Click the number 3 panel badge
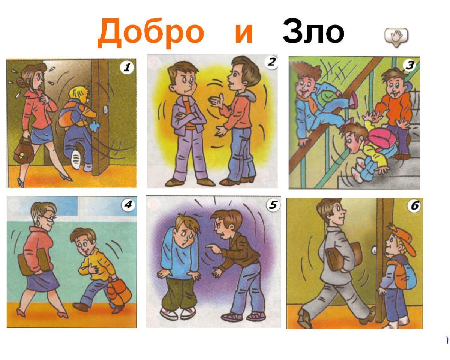pyautogui.click(x=409, y=65)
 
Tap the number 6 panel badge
pyautogui.click(x=414, y=206)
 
